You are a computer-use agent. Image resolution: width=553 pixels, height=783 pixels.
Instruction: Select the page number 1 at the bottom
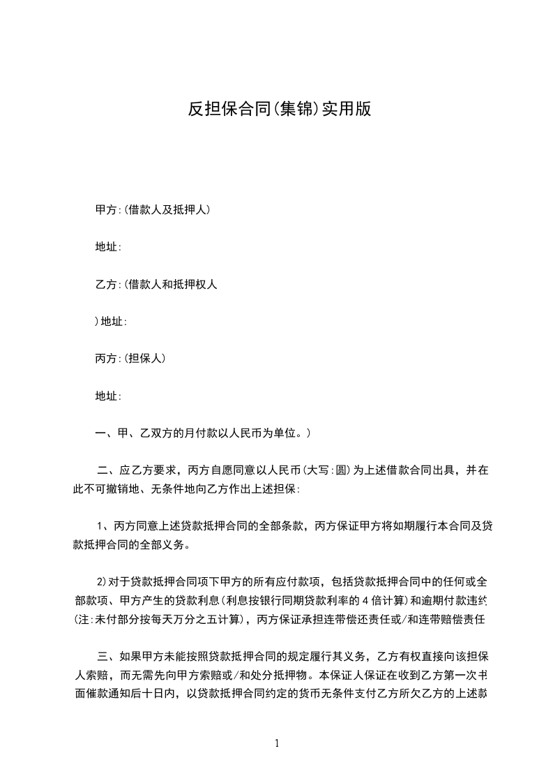tap(277, 743)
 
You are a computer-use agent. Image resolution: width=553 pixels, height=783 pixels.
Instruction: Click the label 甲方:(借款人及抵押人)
tap(153, 209)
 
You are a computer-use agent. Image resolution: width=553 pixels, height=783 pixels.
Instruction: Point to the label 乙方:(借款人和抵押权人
tap(157, 284)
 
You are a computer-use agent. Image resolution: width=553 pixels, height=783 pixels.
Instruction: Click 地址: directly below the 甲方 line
tap(108, 247)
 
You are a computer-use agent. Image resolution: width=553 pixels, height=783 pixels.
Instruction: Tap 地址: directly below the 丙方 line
tap(108, 396)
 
